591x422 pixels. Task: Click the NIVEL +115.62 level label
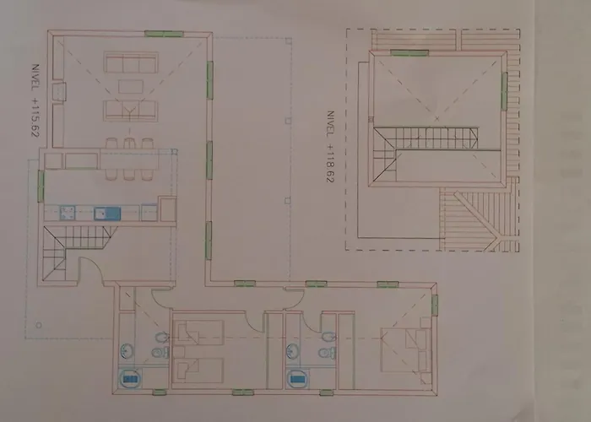click(35, 100)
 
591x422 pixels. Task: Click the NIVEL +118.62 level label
click(330, 147)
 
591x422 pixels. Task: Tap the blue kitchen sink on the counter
click(107, 214)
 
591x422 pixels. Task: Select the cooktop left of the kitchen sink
click(68, 214)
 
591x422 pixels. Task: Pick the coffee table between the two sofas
click(131, 86)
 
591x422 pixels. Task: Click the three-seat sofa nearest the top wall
click(131, 62)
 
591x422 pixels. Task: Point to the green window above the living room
click(164, 34)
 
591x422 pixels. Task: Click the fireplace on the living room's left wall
click(59, 92)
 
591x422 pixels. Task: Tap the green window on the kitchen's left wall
click(41, 187)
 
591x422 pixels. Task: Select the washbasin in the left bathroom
click(127, 352)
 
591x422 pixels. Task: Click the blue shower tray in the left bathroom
click(129, 378)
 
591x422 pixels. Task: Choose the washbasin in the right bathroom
click(292, 352)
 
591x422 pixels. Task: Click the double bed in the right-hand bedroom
click(406, 350)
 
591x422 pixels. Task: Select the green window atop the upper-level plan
click(409, 52)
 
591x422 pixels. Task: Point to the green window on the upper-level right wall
click(504, 91)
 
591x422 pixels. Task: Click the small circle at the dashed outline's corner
click(39, 325)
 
